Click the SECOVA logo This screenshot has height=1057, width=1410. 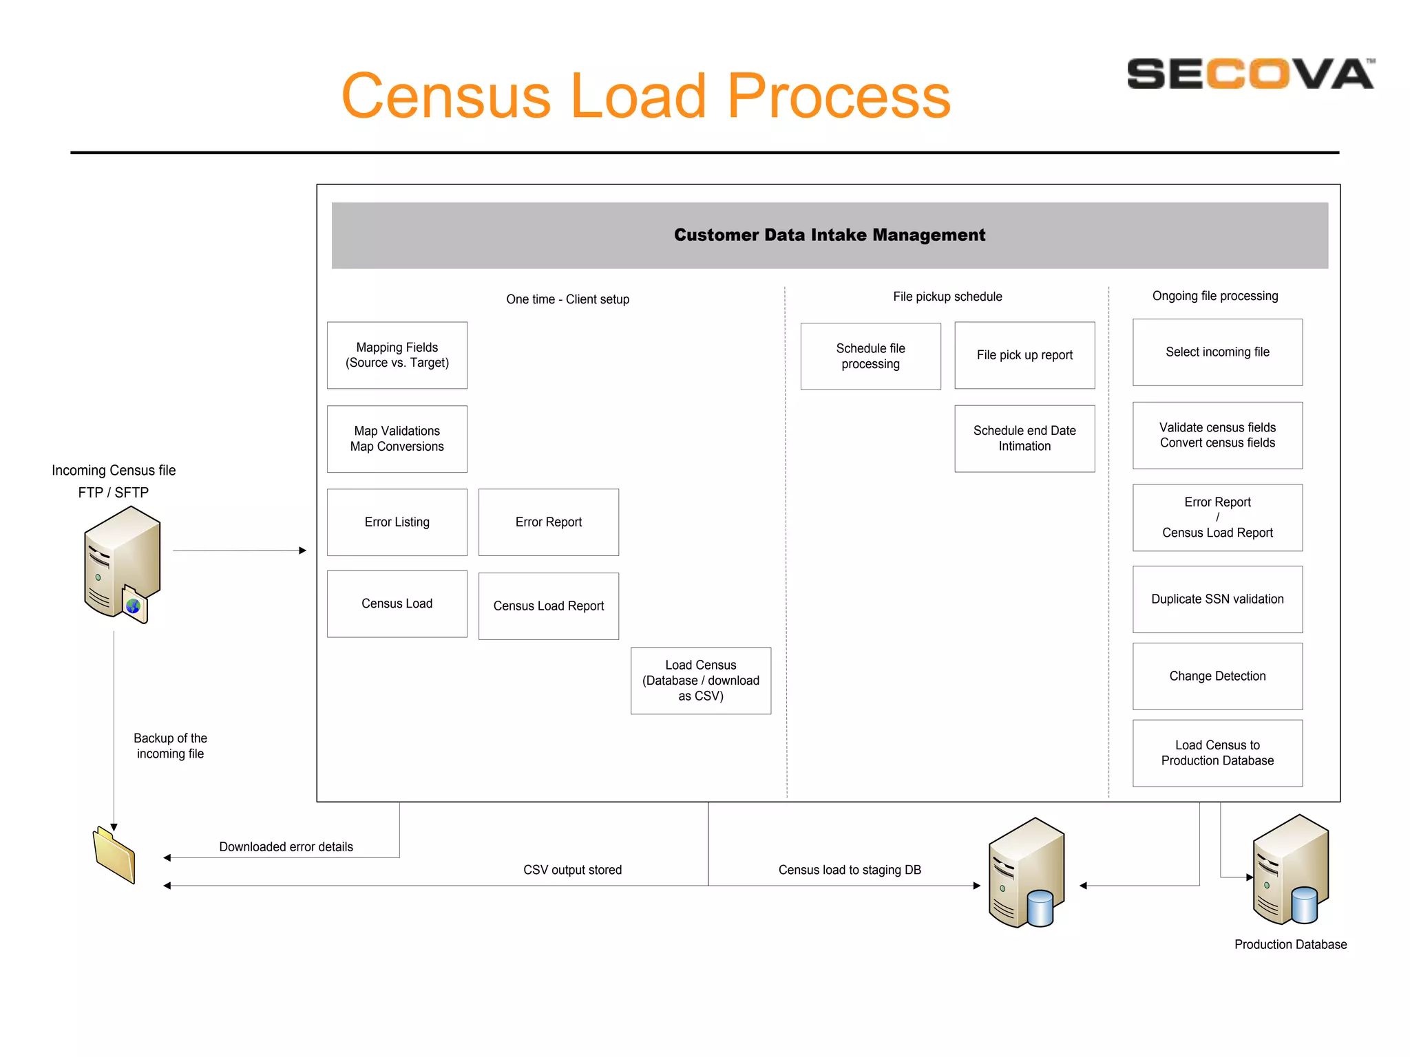click(x=1250, y=74)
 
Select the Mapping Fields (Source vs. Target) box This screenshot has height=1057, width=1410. click(x=397, y=355)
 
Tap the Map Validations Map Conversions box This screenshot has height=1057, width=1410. click(x=397, y=438)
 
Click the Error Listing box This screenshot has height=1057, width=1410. click(x=397, y=522)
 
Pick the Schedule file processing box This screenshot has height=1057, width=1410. click(x=870, y=356)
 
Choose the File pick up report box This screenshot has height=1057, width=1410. click(x=1024, y=355)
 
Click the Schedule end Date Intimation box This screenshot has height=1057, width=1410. click(x=1024, y=438)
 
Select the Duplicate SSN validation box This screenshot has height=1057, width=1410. click(x=1217, y=599)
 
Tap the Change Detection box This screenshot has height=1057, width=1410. click(x=1217, y=676)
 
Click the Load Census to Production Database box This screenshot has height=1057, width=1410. click(x=1217, y=753)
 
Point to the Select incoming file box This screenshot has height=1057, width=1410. click(x=1217, y=352)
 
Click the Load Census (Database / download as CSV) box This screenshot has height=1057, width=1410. click(x=700, y=680)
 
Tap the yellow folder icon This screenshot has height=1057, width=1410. click(x=114, y=855)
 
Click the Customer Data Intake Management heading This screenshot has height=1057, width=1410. click(x=830, y=235)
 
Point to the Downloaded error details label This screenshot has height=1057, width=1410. click(x=286, y=846)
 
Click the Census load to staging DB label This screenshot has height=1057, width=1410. click(x=850, y=870)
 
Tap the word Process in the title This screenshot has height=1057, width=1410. click(x=838, y=96)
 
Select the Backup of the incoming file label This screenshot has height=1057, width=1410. click(x=170, y=746)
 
